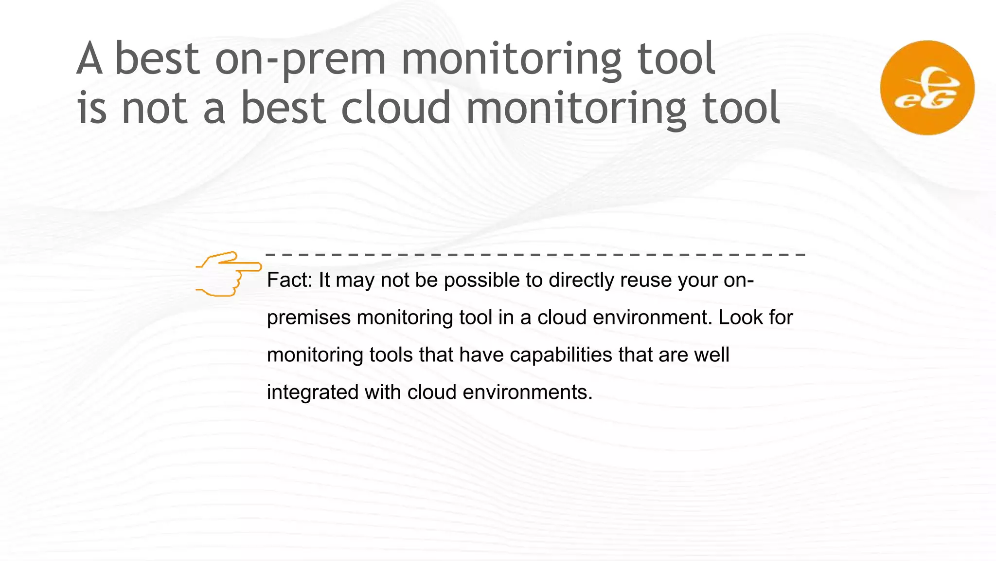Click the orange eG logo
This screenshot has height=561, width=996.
927,88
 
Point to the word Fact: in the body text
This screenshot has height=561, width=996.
289,280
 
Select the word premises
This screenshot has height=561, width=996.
309,318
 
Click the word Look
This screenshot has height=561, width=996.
740,318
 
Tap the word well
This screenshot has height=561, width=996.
711,355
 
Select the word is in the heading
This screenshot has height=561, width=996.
91,108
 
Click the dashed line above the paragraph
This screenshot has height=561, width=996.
535,255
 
